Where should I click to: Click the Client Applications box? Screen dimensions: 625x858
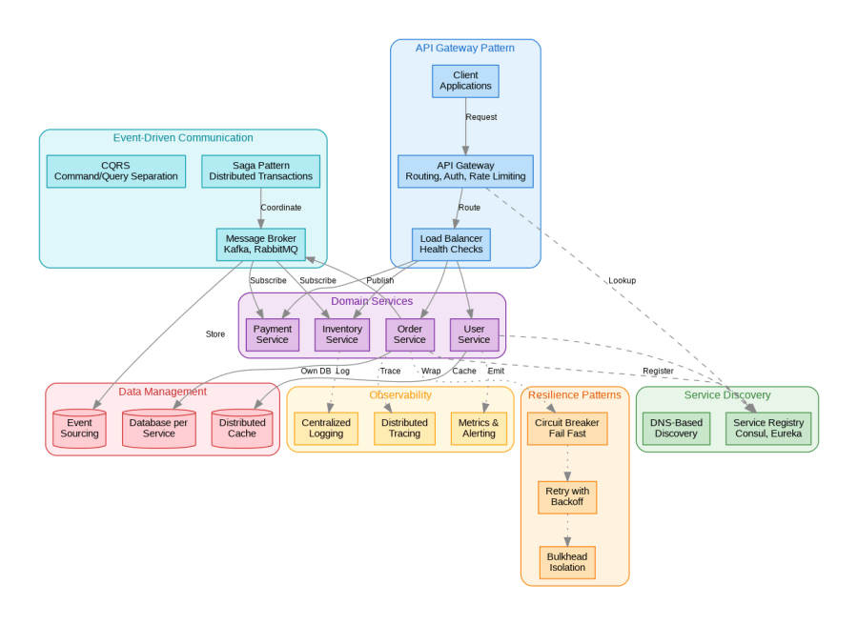465,81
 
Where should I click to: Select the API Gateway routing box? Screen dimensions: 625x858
465,171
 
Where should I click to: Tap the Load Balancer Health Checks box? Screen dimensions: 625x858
451,244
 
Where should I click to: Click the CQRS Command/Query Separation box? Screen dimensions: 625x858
116,171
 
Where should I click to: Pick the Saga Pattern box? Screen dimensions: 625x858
260,171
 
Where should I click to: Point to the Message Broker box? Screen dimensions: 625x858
260,244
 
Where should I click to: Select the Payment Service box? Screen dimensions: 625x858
272,334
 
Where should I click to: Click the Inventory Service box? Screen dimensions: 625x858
341,334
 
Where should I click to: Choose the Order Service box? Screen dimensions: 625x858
410,334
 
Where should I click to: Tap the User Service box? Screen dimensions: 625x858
474,334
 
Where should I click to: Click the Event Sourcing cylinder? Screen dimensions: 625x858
79,429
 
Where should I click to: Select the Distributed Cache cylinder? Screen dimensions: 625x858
242,429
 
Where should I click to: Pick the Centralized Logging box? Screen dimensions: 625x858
326,429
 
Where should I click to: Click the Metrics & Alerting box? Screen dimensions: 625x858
479,429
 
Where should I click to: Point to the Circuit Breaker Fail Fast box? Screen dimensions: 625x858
567,429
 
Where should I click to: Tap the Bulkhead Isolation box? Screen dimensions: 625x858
567,562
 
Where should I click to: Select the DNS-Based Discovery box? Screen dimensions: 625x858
676,429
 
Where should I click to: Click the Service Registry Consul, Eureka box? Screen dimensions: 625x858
768,429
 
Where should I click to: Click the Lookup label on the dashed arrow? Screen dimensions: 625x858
622,280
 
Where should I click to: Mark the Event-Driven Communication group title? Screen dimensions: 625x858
183,138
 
